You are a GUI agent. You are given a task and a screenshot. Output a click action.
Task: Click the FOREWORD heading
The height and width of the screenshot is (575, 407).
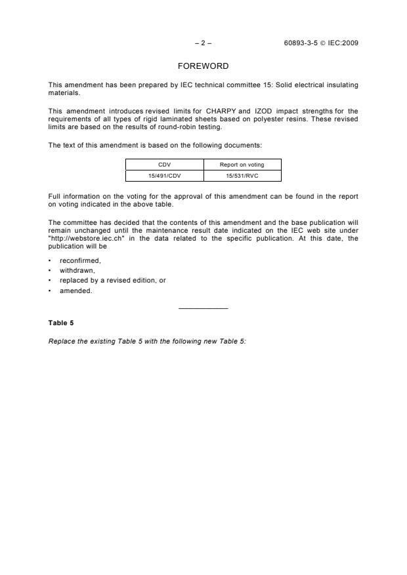pyautogui.click(x=203, y=66)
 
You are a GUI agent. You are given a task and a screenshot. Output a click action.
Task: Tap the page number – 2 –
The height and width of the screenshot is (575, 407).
pyautogui.click(x=203, y=43)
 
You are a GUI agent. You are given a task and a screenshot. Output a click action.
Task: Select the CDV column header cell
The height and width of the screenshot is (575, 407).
pyautogui.click(x=164, y=165)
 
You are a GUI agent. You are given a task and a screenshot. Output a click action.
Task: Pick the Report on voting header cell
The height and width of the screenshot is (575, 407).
pyautogui.click(x=242, y=165)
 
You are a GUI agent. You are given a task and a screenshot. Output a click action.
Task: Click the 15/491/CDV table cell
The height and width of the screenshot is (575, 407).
pyautogui.click(x=164, y=175)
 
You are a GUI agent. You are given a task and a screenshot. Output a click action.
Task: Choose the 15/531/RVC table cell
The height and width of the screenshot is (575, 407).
pyautogui.click(x=242, y=175)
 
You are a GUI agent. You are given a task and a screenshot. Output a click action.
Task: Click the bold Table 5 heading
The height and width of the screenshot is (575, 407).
pyautogui.click(x=61, y=323)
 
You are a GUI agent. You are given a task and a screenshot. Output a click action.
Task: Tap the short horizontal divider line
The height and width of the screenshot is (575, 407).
pyautogui.click(x=203, y=308)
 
